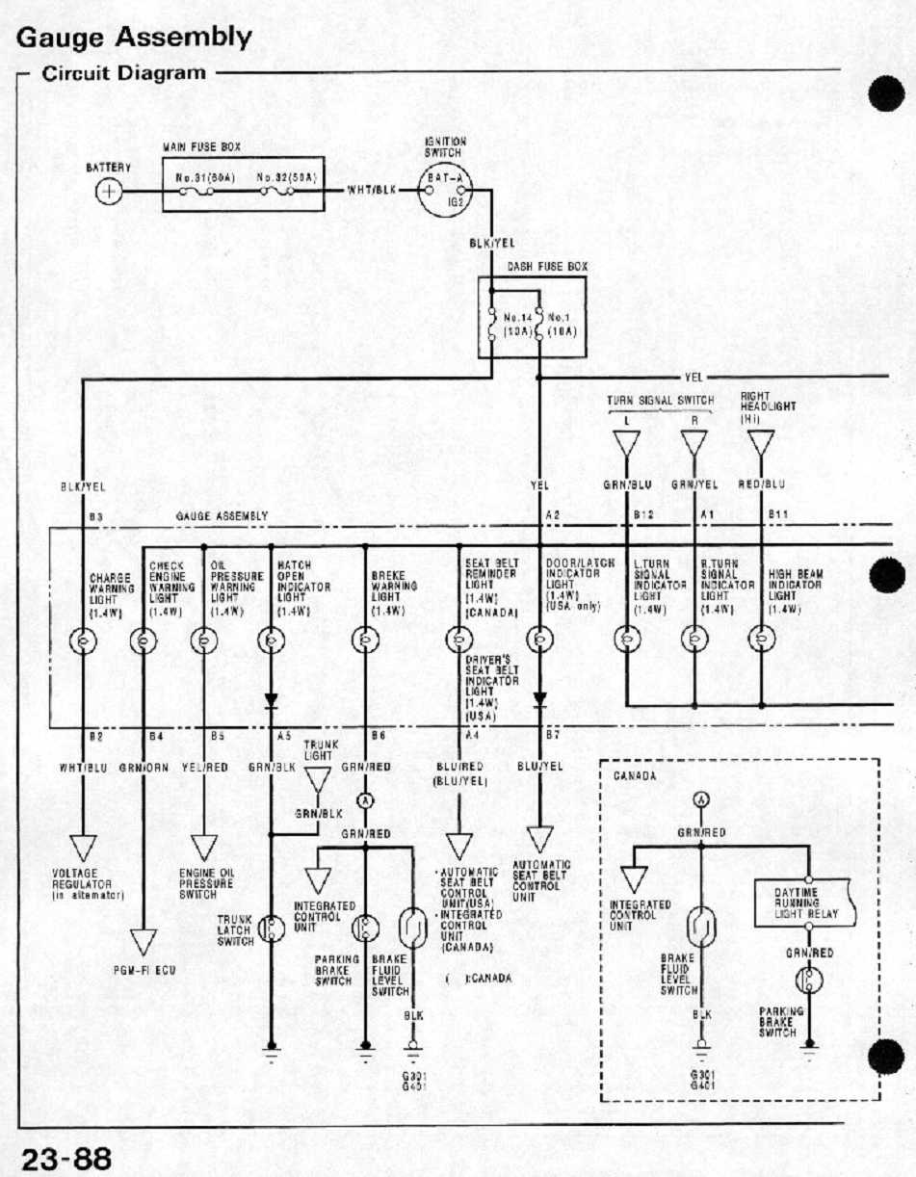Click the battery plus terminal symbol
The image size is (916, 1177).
(x=109, y=191)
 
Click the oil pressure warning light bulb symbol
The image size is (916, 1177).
(x=204, y=639)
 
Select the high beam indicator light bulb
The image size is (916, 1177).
(x=762, y=638)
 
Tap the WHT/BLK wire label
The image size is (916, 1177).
(x=372, y=190)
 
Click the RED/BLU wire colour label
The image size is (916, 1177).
(x=761, y=485)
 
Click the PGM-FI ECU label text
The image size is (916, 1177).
(x=142, y=971)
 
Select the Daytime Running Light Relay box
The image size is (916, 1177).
(x=808, y=903)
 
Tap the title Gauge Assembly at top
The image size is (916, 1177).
(x=135, y=38)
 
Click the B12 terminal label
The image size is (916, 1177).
(x=643, y=517)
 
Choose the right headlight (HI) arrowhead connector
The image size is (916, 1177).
(x=761, y=444)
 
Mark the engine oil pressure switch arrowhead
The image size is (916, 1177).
(x=204, y=847)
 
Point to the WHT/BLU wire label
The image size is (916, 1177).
(x=84, y=768)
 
